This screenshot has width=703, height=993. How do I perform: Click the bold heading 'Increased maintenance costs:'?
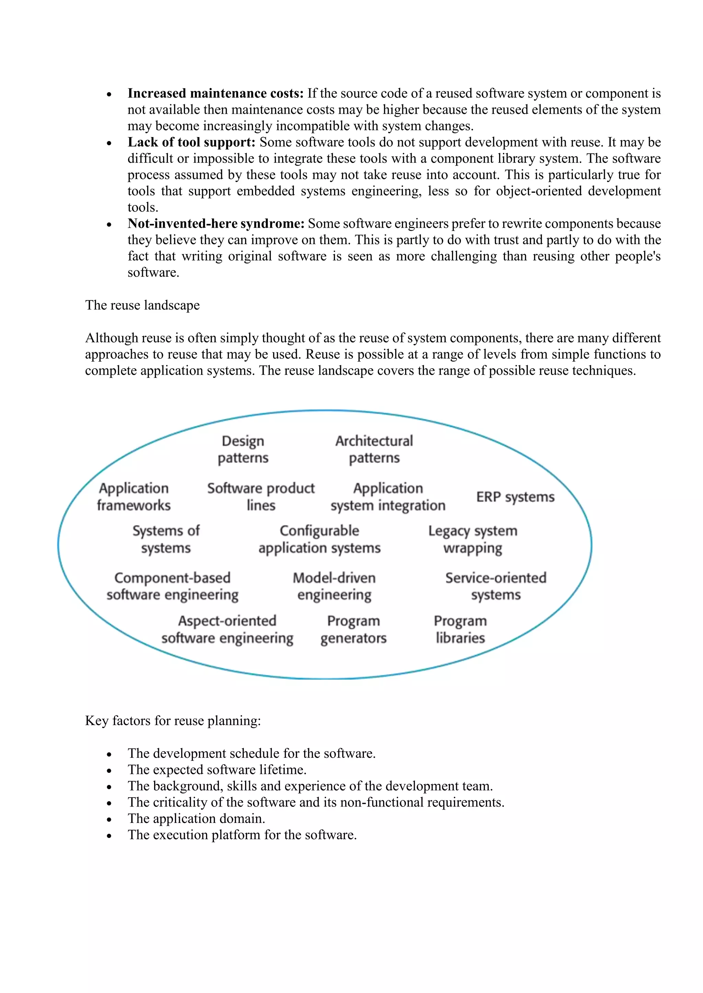click(215, 93)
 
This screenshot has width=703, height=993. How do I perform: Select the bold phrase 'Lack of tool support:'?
click(191, 142)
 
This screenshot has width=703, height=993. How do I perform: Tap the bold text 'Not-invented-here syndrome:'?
click(216, 224)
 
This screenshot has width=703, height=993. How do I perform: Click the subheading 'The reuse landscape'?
click(142, 305)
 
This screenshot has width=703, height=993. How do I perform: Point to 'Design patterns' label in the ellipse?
click(243, 450)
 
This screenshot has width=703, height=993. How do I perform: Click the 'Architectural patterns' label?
click(374, 450)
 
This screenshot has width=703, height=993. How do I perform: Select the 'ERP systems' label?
click(515, 497)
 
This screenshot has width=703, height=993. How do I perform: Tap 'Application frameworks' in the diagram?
click(134, 496)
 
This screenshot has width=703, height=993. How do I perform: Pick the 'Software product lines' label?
click(261, 496)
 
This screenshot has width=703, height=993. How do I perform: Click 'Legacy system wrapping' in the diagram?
click(473, 539)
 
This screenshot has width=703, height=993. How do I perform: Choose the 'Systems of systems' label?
click(166, 539)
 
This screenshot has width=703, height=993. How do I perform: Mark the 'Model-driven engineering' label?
click(334, 586)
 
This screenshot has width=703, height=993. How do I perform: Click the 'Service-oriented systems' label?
click(496, 586)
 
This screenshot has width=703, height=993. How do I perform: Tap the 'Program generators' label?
click(353, 629)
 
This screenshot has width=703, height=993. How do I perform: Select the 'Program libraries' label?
click(460, 629)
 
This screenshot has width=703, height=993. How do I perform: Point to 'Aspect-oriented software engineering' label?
click(227, 629)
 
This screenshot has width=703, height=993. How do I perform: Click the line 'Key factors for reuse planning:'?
click(173, 721)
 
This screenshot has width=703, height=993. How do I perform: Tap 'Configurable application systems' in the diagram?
click(320, 539)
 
